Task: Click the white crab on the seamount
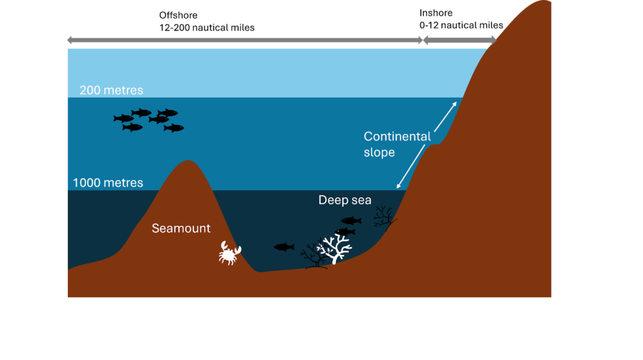click(x=230, y=253)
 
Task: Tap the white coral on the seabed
click(x=335, y=249)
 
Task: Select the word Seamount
click(x=181, y=228)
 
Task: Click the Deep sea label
click(x=345, y=200)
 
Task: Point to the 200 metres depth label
click(x=111, y=90)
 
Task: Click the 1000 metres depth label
click(x=108, y=183)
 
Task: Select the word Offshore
click(x=178, y=15)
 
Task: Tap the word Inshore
click(x=436, y=13)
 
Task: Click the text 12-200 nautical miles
click(x=207, y=28)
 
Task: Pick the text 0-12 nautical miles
click(x=461, y=25)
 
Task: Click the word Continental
click(x=397, y=136)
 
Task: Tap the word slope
click(x=379, y=152)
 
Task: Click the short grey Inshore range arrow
click(x=460, y=40)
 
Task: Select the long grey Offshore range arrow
click(x=245, y=40)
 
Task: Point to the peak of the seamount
click(x=188, y=160)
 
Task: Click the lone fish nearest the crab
click(x=284, y=247)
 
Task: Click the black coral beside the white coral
click(x=313, y=256)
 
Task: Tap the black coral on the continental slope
click(x=384, y=217)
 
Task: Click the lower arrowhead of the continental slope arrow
click(x=399, y=185)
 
